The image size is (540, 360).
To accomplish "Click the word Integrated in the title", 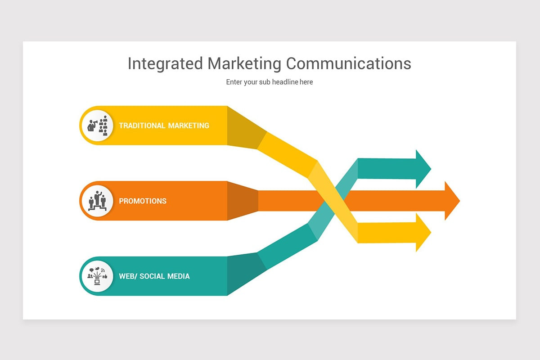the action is tap(165, 63).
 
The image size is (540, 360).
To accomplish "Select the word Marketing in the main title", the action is tap(244, 63).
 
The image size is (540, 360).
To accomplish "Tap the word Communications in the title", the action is tap(349, 63).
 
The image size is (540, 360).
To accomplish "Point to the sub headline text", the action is tap(269, 82).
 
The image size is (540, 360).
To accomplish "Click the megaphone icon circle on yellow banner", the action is tap(97, 126).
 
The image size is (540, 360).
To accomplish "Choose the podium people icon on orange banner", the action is tap(97, 201).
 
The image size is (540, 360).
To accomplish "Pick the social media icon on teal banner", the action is tap(97, 276).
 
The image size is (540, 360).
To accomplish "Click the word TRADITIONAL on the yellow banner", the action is tap(142, 126).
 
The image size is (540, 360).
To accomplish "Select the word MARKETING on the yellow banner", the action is tap(189, 126).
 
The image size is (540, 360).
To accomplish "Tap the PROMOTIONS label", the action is tap(143, 201).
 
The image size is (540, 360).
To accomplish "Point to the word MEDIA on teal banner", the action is tap(178, 276).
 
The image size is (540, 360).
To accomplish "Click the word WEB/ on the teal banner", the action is tap(128, 276).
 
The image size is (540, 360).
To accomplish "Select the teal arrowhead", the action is tap(423, 169).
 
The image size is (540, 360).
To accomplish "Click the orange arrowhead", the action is tap(452, 201).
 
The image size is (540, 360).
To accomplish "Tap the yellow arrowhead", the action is tap(423, 233).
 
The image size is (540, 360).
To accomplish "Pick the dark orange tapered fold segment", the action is tap(243, 201).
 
